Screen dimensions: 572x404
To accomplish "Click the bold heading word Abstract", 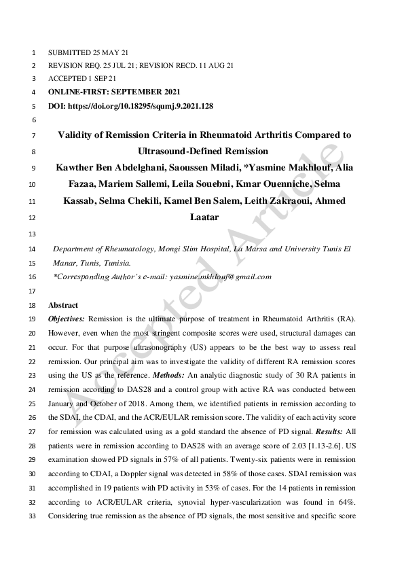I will tap(63, 305).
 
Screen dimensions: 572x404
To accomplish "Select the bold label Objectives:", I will tap(67, 319).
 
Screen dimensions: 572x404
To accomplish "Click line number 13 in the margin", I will tap(32, 234).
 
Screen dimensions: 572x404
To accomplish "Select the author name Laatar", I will tap(203, 218).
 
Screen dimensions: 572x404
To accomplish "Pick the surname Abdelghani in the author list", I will tap(122, 167).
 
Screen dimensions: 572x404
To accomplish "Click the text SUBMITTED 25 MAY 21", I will tap(88, 52).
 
